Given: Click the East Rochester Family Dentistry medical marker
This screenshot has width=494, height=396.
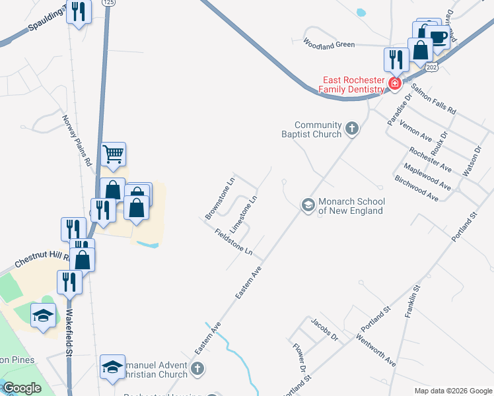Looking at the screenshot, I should (394, 83).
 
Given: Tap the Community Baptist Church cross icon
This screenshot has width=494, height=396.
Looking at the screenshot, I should (352, 129).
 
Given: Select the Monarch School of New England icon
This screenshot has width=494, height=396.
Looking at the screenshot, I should (308, 205).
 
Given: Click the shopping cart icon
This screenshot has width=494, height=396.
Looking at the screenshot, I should (113, 154).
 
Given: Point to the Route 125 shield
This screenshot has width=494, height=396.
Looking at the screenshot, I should (108, 3).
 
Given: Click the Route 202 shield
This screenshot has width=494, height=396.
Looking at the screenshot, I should (431, 67).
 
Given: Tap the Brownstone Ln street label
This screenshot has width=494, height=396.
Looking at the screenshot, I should (220, 197).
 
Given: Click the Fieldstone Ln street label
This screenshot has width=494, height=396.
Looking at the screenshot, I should (234, 242).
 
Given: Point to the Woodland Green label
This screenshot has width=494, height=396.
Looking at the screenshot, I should (329, 44).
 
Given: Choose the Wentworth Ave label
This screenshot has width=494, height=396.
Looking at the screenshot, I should (376, 350).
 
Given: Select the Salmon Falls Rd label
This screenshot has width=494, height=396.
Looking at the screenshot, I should (433, 100).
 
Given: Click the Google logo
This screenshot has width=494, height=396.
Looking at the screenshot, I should (22, 388).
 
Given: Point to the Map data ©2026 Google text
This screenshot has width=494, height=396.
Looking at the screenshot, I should (453, 391).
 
